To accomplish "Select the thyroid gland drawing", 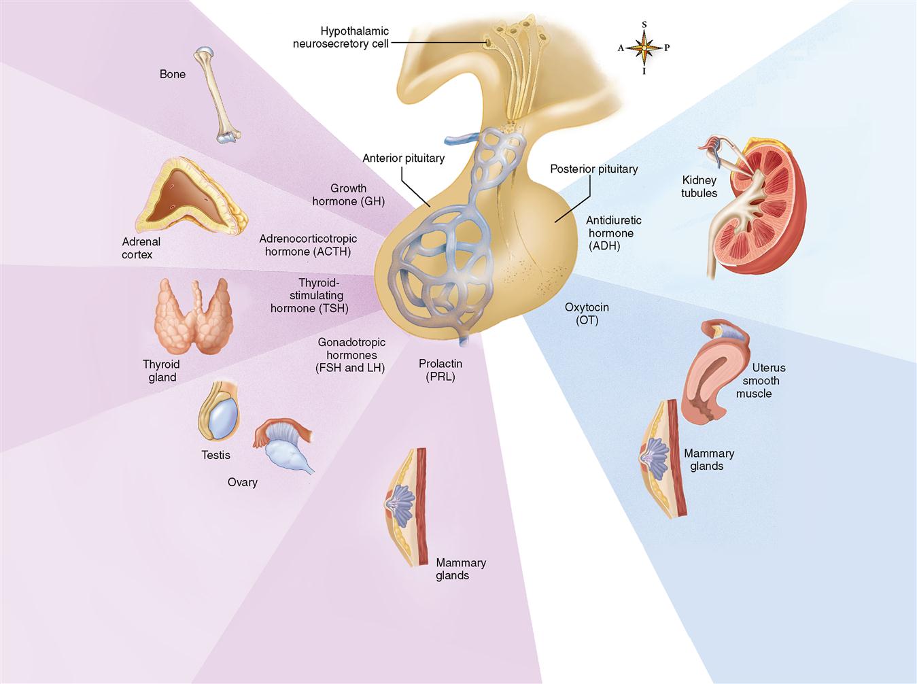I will tap(194, 317).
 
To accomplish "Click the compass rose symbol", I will tap(643, 48).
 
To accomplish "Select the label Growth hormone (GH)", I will tap(349, 194).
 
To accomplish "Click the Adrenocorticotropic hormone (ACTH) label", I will tap(308, 245).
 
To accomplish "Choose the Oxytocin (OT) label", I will tap(587, 313).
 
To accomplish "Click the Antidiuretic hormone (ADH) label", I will tap(613, 233).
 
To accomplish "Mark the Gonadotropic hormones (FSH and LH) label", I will tap(351, 355).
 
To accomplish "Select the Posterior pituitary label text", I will tap(593, 169).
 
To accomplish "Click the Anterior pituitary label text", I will tap(403, 158).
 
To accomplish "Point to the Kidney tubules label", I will tap(699, 186).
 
